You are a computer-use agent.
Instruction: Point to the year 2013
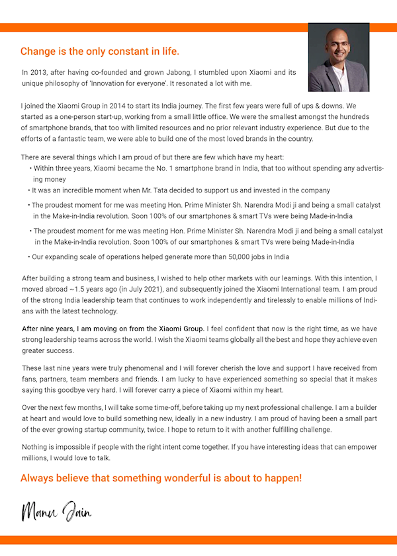click(39, 72)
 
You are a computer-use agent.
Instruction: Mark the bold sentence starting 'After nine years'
click(113, 329)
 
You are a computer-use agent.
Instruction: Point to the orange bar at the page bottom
click(198, 540)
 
